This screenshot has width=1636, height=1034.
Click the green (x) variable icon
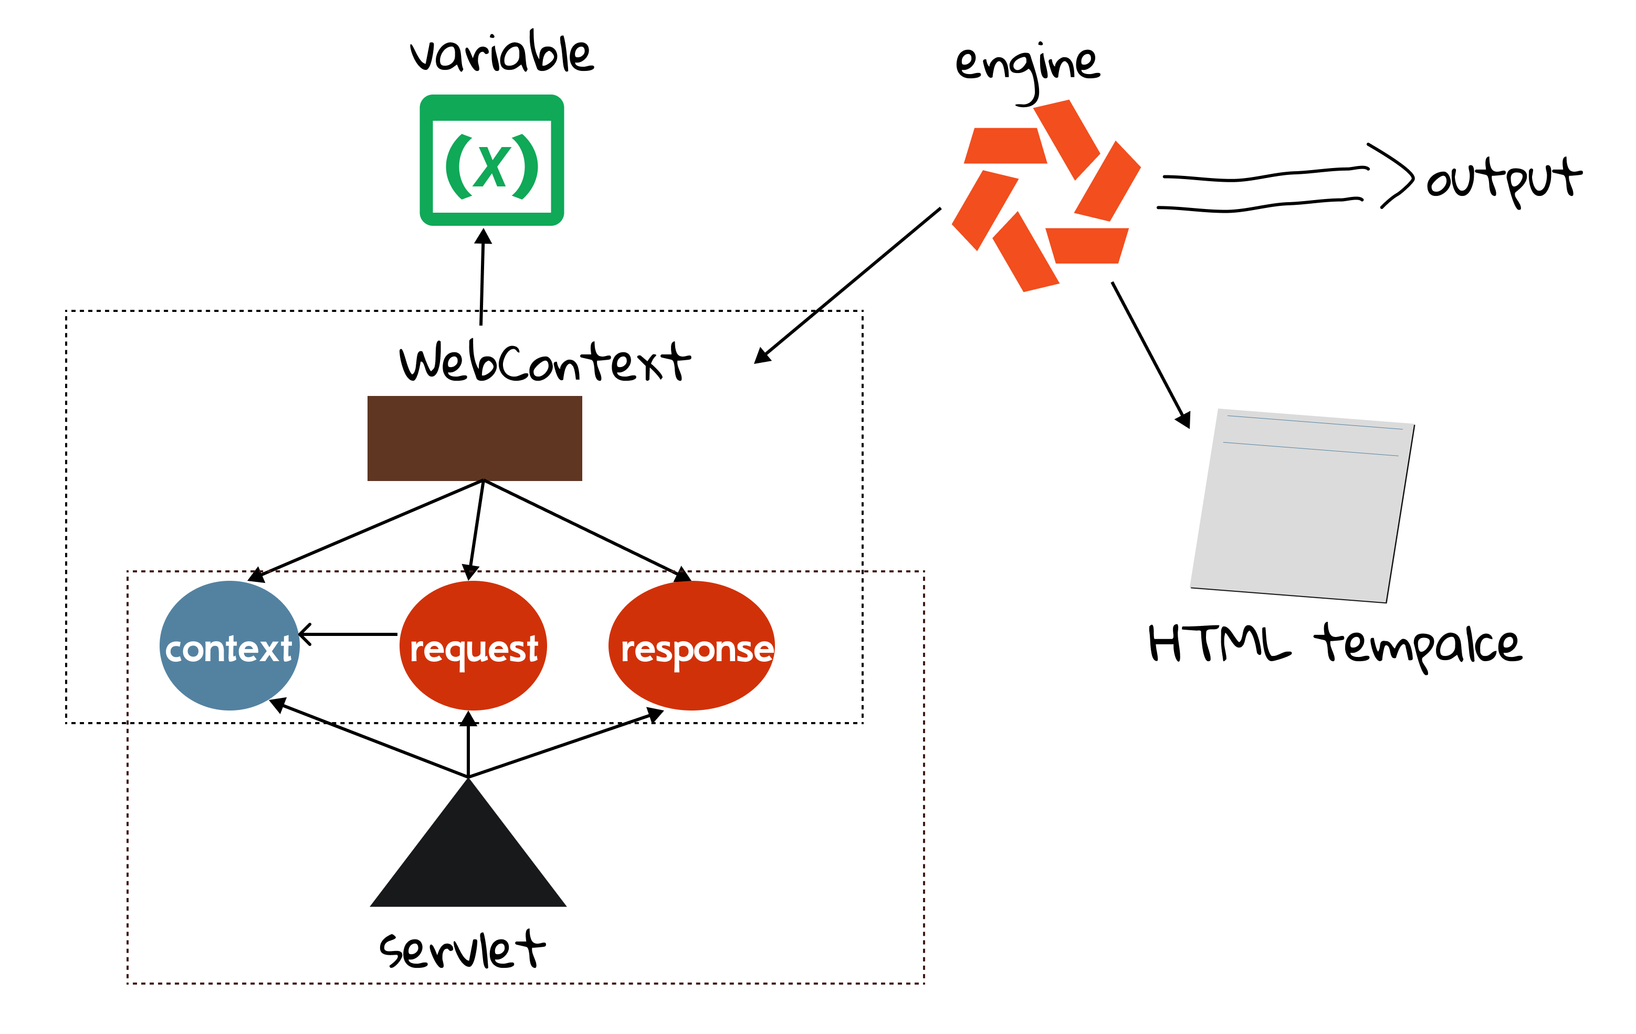point(492,160)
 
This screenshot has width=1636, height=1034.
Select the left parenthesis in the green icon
point(458,166)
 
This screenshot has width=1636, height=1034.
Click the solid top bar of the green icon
point(492,107)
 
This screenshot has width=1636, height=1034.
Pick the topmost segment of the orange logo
point(1067,139)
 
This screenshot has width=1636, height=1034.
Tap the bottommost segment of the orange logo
point(1026,252)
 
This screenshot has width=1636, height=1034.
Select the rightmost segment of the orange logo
point(1107,181)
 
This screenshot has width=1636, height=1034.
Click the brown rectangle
point(474,437)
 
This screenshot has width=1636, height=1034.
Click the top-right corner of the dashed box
point(924,571)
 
